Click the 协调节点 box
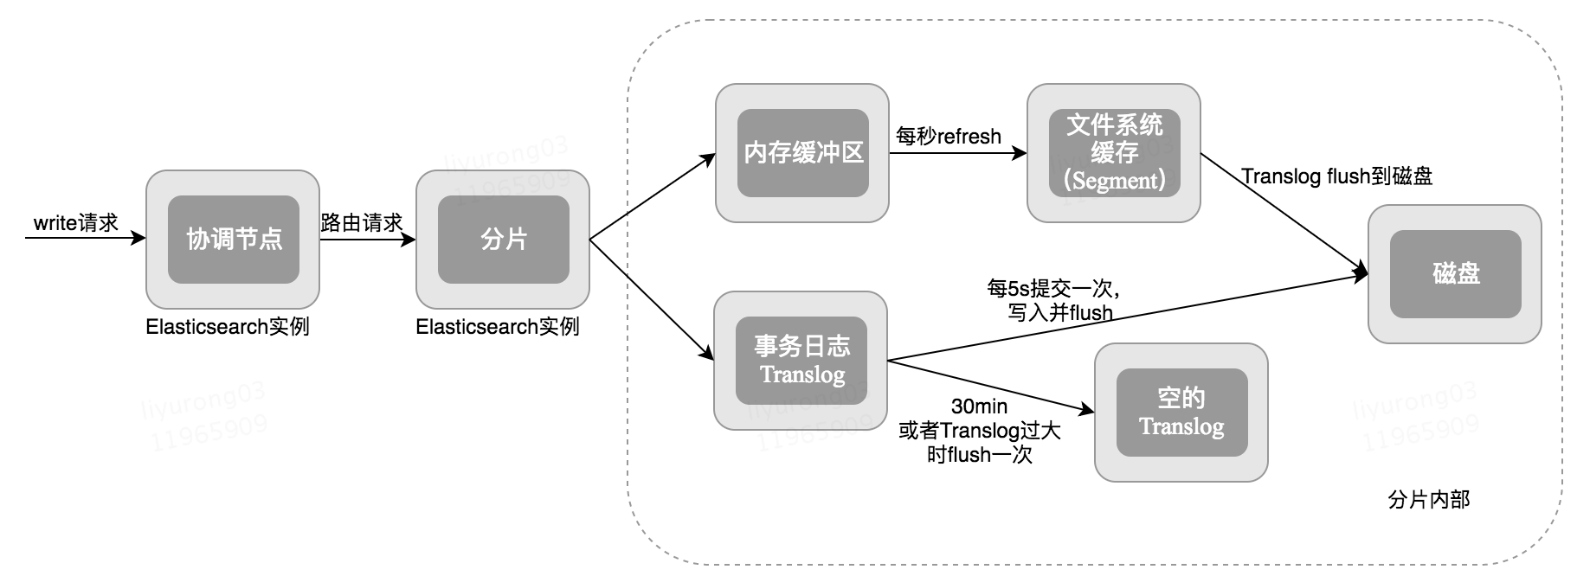(233, 240)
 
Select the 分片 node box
(503, 240)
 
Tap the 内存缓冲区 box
(802, 153)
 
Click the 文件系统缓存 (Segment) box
(1114, 153)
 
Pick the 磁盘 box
(1455, 274)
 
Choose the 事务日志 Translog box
(801, 361)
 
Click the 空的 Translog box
(1181, 413)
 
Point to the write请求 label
(76, 223)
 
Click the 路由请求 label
(362, 223)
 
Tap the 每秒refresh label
(949, 137)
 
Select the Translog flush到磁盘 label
(1336, 176)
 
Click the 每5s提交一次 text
(1053, 288)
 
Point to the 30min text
(979, 406)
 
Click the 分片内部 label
(1428, 500)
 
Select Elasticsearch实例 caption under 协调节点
(228, 327)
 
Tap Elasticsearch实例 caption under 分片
(498, 327)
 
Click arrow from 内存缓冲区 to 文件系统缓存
(957, 154)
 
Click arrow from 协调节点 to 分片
(367, 240)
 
